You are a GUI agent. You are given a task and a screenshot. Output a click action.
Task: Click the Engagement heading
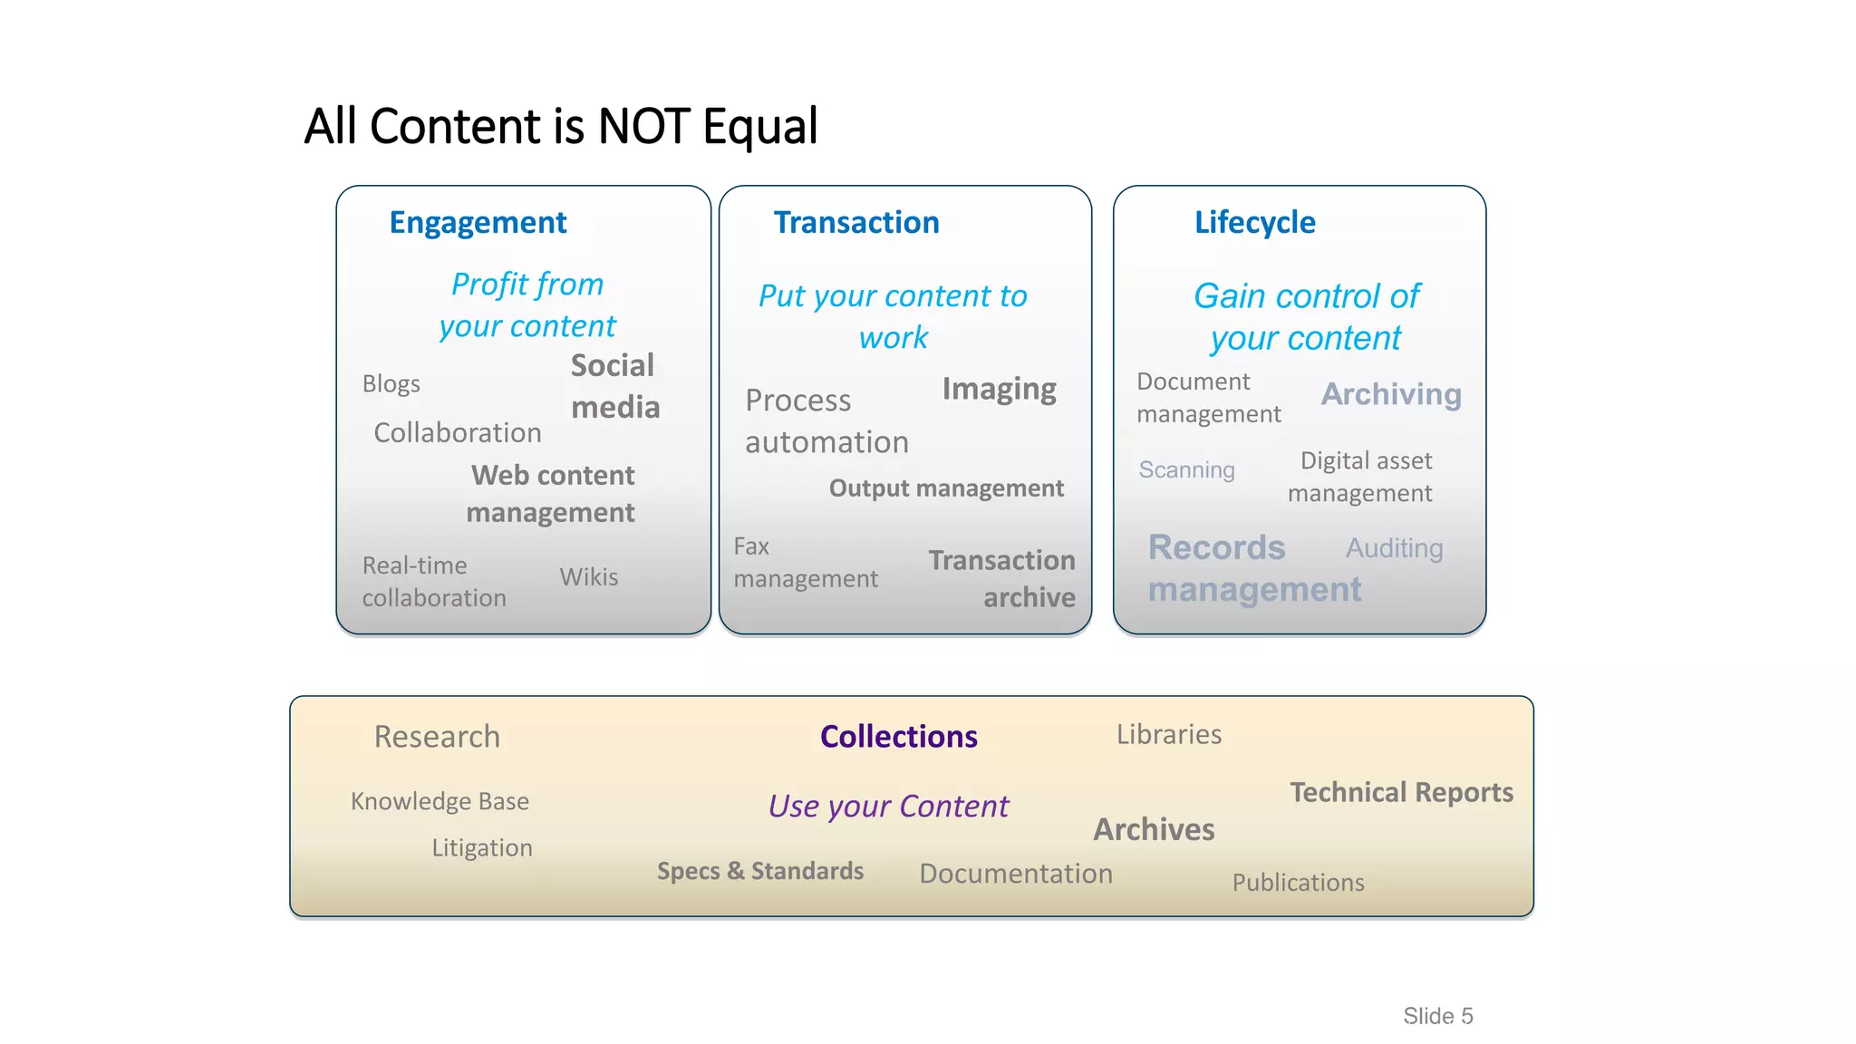click(x=478, y=223)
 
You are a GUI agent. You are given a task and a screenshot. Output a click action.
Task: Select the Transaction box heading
click(x=855, y=223)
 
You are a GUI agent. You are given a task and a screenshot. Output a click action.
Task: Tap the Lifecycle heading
click(x=1254, y=223)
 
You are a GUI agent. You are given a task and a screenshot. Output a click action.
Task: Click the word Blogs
click(x=391, y=384)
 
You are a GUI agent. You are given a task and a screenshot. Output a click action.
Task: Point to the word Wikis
click(x=588, y=577)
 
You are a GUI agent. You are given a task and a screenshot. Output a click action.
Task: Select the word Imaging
click(x=999, y=390)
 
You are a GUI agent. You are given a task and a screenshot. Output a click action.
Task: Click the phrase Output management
click(x=945, y=488)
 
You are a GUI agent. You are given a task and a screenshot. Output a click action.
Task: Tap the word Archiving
click(x=1390, y=394)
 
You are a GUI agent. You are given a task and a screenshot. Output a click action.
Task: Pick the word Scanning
click(x=1186, y=470)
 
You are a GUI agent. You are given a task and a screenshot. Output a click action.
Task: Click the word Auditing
click(x=1394, y=548)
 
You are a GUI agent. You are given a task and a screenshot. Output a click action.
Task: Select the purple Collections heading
click(x=898, y=737)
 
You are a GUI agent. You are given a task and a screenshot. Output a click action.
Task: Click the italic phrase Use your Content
click(x=887, y=807)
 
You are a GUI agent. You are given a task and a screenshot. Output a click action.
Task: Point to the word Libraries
click(x=1168, y=734)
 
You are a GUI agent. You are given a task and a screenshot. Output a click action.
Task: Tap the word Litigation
click(x=481, y=848)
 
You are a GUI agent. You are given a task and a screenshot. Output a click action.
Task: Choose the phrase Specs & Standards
click(x=759, y=871)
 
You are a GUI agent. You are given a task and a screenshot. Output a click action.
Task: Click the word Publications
click(x=1297, y=883)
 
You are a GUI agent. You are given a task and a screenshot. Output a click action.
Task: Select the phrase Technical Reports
click(x=1401, y=793)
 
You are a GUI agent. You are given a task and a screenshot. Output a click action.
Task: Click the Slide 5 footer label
click(x=1437, y=1016)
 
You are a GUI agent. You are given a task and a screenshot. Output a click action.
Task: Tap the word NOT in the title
click(x=645, y=126)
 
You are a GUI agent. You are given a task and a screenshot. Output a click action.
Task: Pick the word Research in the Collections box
click(x=437, y=737)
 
